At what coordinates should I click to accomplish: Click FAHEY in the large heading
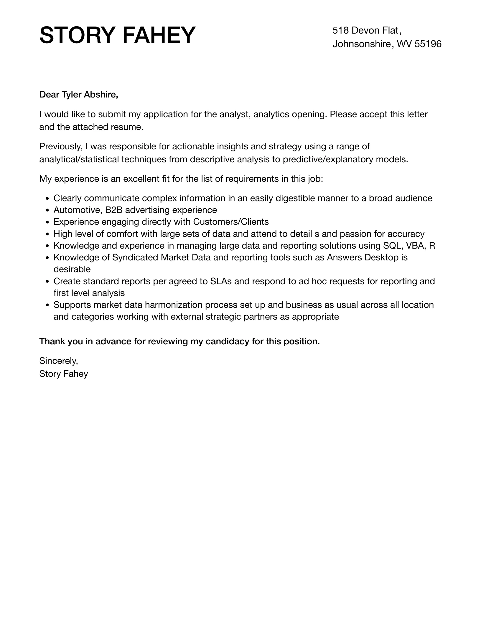pyautogui.click(x=159, y=35)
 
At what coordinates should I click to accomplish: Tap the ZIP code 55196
pyautogui.click(x=428, y=44)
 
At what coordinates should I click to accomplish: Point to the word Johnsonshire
pyautogui.click(x=361, y=44)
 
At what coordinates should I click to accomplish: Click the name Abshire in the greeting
pyautogui.click(x=101, y=95)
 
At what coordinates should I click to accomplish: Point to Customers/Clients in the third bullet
pyautogui.click(x=231, y=222)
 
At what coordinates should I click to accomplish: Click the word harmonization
pyautogui.click(x=173, y=305)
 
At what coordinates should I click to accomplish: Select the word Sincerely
pyautogui.click(x=58, y=361)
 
